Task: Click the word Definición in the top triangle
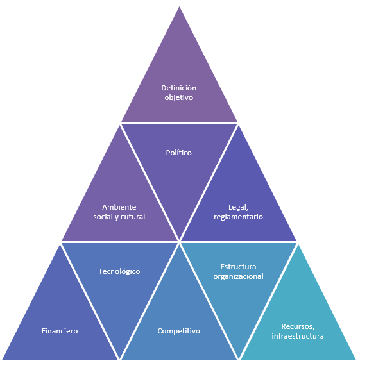click(x=178, y=88)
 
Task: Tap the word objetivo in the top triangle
click(x=178, y=97)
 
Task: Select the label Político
click(x=178, y=153)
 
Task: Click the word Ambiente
click(x=119, y=207)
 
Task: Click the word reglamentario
click(x=239, y=217)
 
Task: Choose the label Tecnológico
click(x=119, y=271)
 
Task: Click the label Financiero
click(x=60, y=331)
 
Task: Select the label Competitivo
click(x=179, y=331)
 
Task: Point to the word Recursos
click(x=298, y=326)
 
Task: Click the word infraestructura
click(x=298, y=335)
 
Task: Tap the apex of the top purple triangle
click(x=179, y=6)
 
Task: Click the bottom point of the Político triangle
click(x=179, y=240)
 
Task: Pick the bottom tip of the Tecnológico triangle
click(x=119, y=358)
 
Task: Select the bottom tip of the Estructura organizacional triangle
click(x=239, y=358)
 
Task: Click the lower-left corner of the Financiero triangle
click(x=2, y=359)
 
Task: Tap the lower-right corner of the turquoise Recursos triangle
click(x=356, y=359)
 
